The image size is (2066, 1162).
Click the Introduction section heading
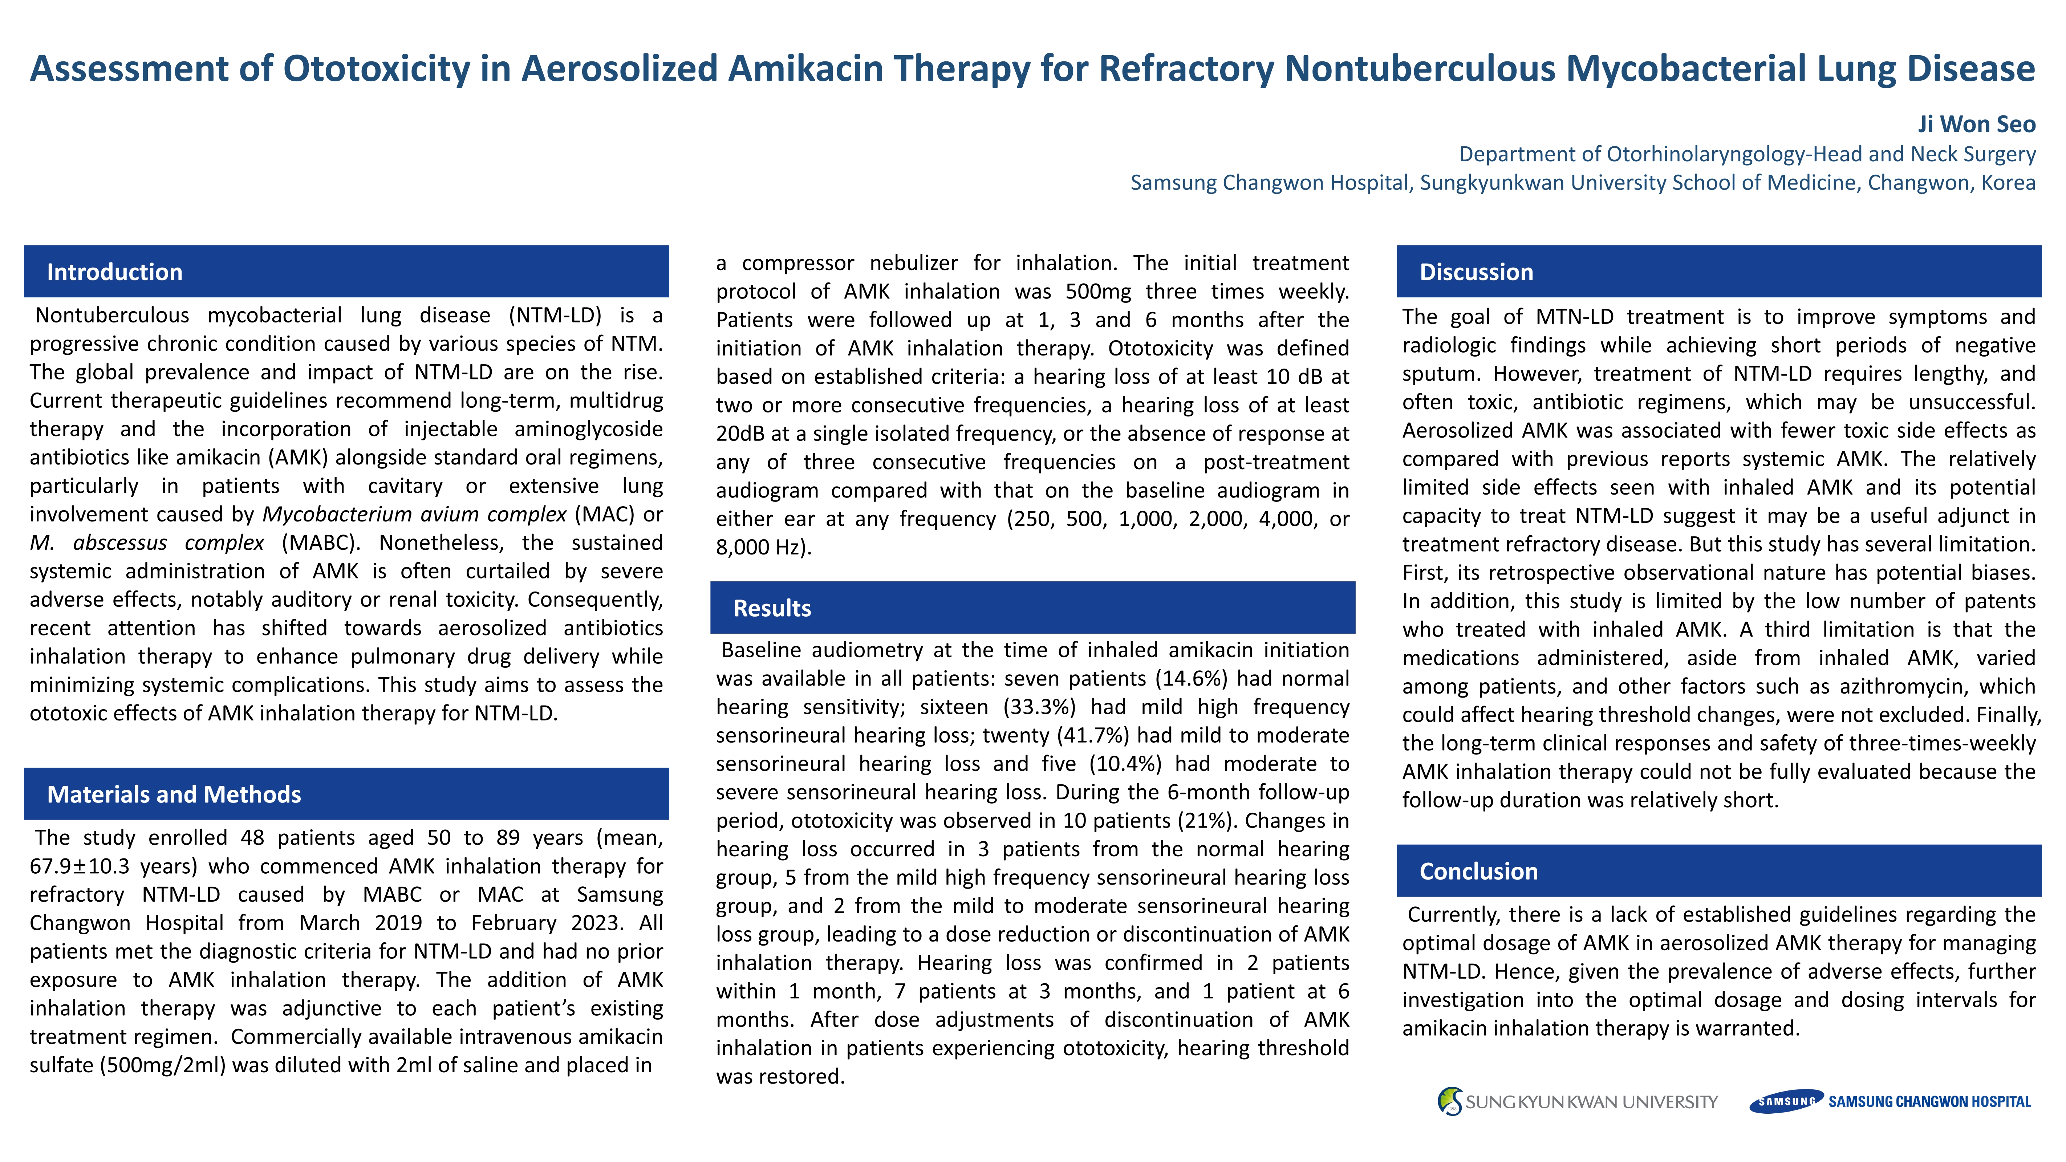point(115,272)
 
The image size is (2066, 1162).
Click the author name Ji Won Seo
point(1976,124)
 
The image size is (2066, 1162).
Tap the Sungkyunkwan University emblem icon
point(1449,1101)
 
